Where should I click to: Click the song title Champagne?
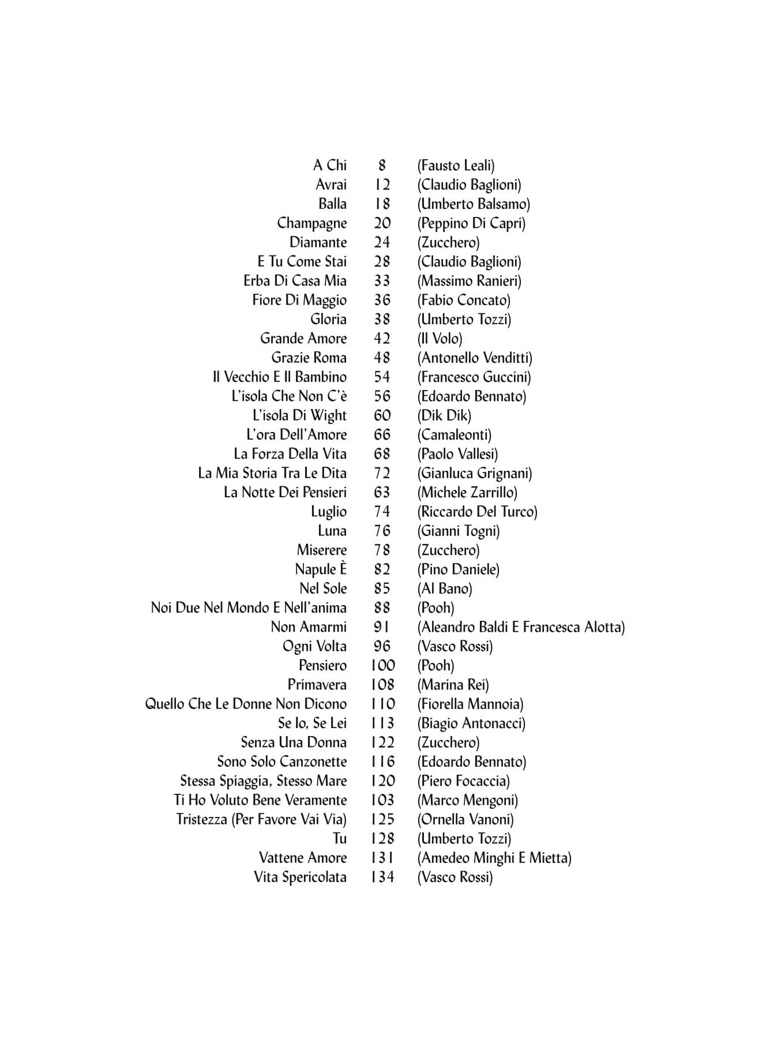coord(311,223)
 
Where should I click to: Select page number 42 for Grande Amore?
coord(382,339)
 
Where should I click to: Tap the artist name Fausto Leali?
coord(456,166)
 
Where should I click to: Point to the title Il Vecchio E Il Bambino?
coord(280,377)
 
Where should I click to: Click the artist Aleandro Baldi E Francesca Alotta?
coord(521,627)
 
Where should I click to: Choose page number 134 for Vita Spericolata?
coord(382,877)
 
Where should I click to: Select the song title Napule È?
coord(321,569)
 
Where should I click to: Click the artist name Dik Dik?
coord(444,415)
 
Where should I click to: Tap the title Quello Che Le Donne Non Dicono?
coord(246,704)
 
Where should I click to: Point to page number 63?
coord(382,493)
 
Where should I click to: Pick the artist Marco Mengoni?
coord(467,800)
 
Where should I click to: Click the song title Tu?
coord(340,839)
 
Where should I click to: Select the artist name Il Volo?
coord(440,339)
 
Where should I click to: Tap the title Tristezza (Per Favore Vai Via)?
coord(261,820)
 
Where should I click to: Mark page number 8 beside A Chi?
coord(382,166)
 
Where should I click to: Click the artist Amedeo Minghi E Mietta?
coord(494,858)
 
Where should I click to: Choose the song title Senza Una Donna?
coord(294,742)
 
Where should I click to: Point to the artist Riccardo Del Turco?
coord(477,512)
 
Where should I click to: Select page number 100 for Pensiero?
coord(382,666)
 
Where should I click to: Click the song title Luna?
coord(332,531)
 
